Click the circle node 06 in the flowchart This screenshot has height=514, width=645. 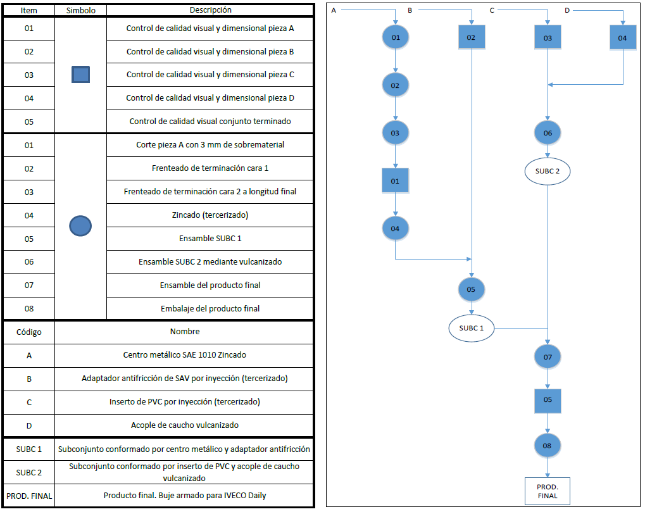tap(548, 133)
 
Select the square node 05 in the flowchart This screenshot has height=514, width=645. tap(548, 401)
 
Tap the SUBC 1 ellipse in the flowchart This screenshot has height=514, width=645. tap(472, 329)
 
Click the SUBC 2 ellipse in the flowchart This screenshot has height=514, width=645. tap(548, 171)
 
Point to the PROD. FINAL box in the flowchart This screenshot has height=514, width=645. tap(548, 491)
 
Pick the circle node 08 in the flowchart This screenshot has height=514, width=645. tap(548, 446)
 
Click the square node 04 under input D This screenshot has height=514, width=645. tap(623, 37)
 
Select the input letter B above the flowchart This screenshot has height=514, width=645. tap(410, 10)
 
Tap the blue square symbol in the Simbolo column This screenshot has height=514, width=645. tap(80, 75)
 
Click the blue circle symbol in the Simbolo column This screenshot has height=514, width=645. tap(80, 226)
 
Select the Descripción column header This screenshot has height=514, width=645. tap(210, 10)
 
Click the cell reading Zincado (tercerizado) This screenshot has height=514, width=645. tap(210, 215)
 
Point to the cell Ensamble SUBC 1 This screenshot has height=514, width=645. tap(210, 239)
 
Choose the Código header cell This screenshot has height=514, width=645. tap(28, 332)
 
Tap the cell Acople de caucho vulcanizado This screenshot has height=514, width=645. tap(184, 425)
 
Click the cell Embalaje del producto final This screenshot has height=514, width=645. tap(210, 309)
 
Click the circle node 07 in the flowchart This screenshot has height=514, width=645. tap(548, 357)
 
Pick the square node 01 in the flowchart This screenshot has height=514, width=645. tap(396, 180)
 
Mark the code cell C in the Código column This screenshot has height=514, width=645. tap(28, 403)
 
